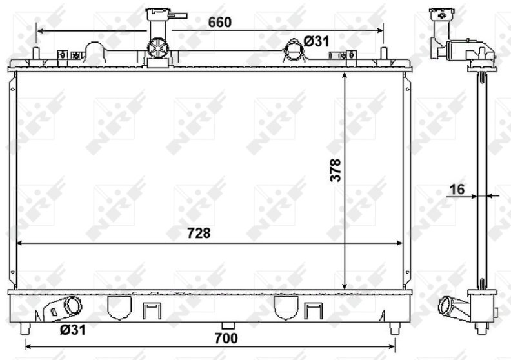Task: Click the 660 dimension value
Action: tap(219, 22)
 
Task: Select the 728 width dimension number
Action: tap(199, 234)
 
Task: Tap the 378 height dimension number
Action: tap(335, 170)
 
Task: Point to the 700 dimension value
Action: tap(226, 339)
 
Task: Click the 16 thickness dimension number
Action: tap(457, 190)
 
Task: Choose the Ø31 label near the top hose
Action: tap(316, 42)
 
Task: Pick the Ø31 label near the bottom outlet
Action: tap(73, 330)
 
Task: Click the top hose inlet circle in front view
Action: tap(294, 48)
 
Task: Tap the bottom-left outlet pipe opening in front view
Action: tap(74, 305)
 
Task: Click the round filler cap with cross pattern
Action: tap(158, 49)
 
